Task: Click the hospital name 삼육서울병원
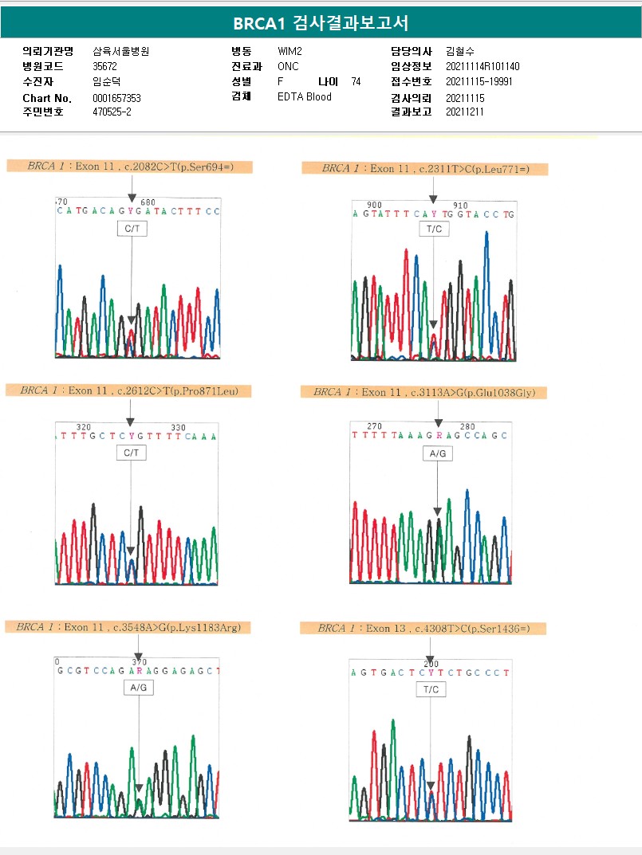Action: (121, 51)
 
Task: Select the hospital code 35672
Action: (105, 66)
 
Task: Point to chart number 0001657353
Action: (116, 98)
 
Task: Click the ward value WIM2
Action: (289, 51)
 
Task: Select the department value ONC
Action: (288, 66)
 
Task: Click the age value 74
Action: (356, 81)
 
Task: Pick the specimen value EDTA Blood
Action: (305, 97)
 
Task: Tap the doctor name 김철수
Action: (460, 51)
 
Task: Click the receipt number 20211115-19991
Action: (479, 81)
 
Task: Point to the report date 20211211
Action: (465, 112)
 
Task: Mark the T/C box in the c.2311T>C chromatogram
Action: (433, 229)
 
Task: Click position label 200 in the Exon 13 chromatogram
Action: (431, 663)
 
